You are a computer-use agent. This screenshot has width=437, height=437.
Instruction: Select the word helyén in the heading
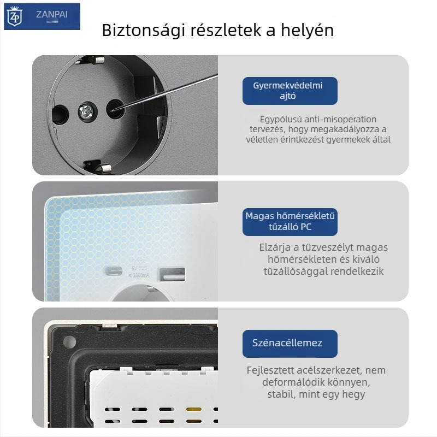tap(305, 30)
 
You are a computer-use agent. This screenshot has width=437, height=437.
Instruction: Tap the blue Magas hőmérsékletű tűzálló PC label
tap(290, 221)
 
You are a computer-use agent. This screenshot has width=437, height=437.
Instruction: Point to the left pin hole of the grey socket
tap(58, 113)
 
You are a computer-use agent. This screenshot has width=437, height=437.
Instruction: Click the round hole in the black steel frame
tap(69, 343)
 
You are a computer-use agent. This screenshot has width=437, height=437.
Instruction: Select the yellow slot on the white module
tap(192, 409)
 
